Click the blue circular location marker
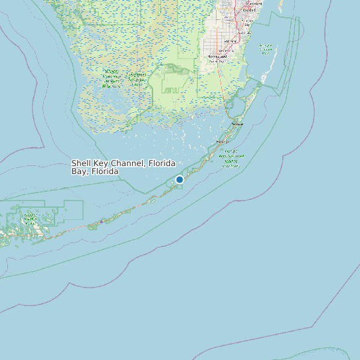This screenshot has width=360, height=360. click(x=179, y=179)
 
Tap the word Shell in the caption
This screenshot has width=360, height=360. click(x=81, y=163)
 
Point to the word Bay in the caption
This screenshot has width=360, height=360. click(x=78, y=171)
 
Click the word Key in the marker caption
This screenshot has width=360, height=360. click(x=100, y=163)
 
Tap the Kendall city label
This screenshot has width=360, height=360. click(x=249, y=11)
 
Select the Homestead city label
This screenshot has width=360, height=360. click(x=217, y=58)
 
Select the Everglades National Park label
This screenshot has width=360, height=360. click(x=138, y=80)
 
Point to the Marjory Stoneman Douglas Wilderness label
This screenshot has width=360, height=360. click(x=112, y=78)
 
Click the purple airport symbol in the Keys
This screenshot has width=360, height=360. click(x=101, y=222)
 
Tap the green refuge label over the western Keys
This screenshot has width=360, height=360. click(x=31, y=220)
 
